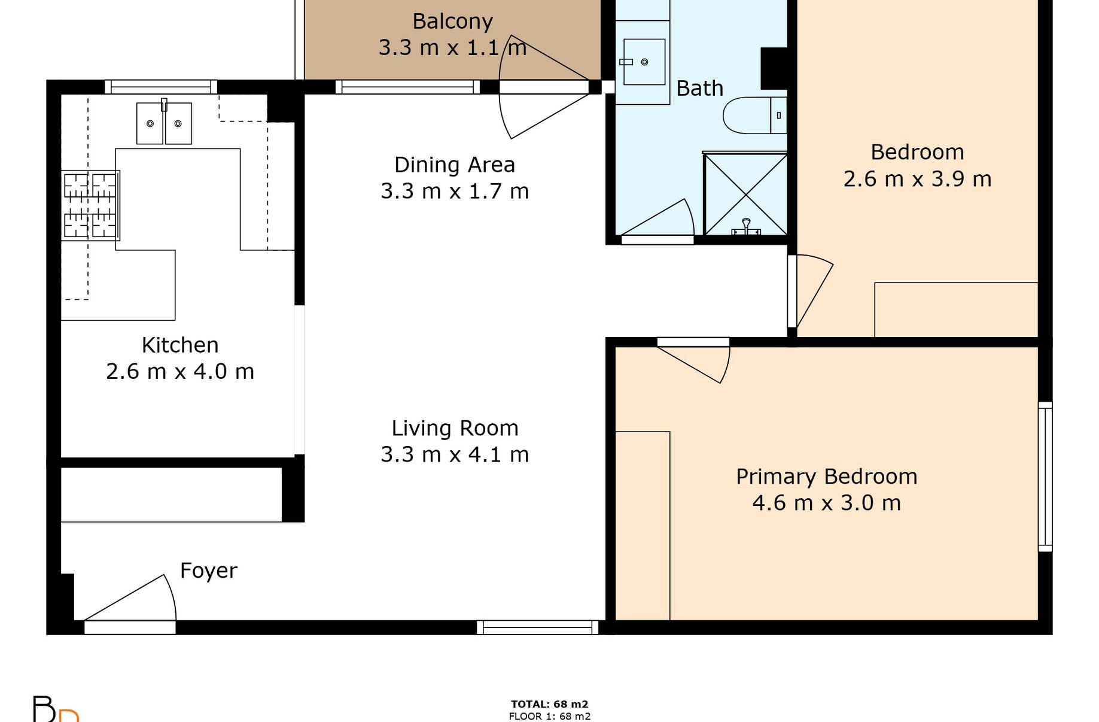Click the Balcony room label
coord(452,22)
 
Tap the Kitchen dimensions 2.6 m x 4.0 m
coord(180,372)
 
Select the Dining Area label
coord(455,165)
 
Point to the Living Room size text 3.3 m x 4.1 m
coord(455,454)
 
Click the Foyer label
coord(209,571)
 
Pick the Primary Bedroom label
coord(827,477)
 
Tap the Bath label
coord(700,89)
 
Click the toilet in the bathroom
coord(754,115)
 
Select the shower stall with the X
coord(745,194)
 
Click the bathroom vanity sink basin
coord(644,62)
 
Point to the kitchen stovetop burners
coord(90,205)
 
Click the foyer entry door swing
coord(130,598)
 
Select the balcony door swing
coord(544,87)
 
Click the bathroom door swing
coord(657,217)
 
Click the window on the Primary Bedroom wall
coord(1045,477)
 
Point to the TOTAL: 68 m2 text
coord(550,705)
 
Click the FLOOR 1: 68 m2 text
coord(550,716)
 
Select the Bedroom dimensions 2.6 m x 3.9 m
coord(917,179)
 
